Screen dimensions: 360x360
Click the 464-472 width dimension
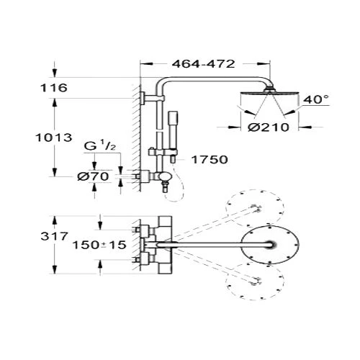203,64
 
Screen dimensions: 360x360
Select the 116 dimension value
54,88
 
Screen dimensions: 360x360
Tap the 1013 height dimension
54,138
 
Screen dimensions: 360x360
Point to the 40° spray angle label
316,99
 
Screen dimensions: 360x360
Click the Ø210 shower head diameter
269,127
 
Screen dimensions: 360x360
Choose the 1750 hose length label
210,159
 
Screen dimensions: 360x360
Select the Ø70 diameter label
93,176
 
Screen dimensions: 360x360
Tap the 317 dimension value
55,236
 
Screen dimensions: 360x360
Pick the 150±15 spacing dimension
99,245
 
